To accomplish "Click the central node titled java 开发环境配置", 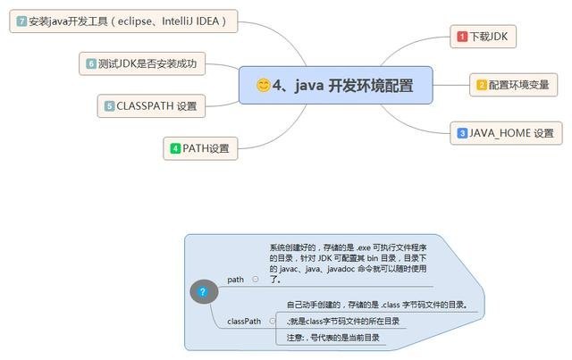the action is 335,85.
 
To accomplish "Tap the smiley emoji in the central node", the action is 264,85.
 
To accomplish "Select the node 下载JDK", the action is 486,37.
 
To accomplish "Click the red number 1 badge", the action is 462,37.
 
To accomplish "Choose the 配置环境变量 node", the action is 514,85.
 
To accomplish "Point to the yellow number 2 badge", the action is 482,85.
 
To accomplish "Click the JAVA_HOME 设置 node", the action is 506,133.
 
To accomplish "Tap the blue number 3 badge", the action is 462,133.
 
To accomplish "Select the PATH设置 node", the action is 200,148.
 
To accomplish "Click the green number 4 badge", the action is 175,148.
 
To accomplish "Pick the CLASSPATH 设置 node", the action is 149,106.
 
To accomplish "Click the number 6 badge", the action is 91,63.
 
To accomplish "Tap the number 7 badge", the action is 21,21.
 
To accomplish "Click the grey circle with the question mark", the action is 203,291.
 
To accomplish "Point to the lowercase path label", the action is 236,280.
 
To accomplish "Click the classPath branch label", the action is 244,321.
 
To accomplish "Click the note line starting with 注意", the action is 333,338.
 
